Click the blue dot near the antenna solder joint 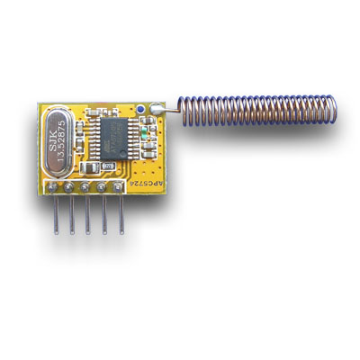[142, 112]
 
